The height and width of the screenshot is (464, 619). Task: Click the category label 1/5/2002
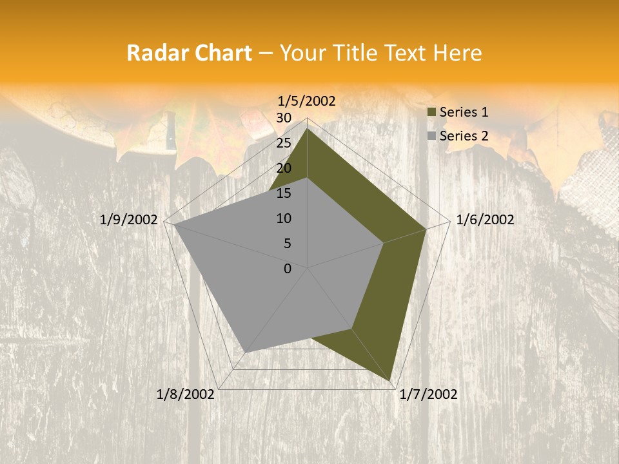pyautogui.click(x=307, y=101)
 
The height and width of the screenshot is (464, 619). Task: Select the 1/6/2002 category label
pyautogui.click(x=485, y=220)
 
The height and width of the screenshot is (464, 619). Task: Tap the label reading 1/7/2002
pyautogui.click(x=428, y=394)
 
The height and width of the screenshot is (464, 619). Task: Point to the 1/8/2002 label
pyautogui.click(x=186, y=394)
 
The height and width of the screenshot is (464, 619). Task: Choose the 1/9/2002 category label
pyautogui.click(x=129, y=220)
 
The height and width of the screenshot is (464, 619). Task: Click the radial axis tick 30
pyautogui.click(x=284, y=118)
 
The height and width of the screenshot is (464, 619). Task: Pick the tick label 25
pyautogui.click(x=284, y=143)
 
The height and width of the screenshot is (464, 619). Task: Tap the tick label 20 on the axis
pyautogui.click(x=284, y=168)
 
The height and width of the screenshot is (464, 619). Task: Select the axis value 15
pyautogui.click(x=284, y=193)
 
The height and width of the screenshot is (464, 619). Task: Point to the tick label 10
pyautogui.click(x=284, y=218)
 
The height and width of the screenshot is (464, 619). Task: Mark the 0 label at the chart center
pyautogui.click(x=288, y=269)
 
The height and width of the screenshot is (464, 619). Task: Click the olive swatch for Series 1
pyautogui.click(x=431, y=112)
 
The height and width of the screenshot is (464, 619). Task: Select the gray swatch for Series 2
pyautogui.click(x=431, y=136)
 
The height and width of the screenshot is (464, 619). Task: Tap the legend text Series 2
pyautogui.click(x=464, y=136)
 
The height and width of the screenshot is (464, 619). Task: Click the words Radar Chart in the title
pyautogui.click(x=189, y=53)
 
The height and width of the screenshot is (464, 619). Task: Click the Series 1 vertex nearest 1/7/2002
pyautogui.click(x=391, y=380)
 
